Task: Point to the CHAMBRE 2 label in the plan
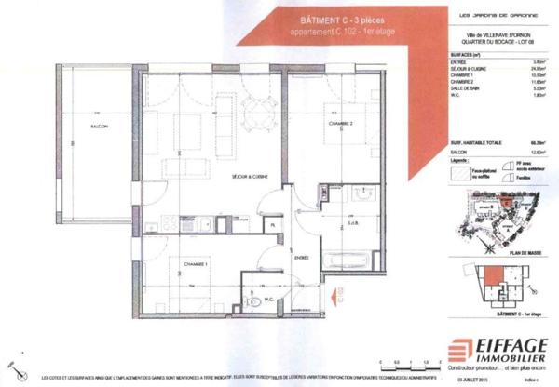[x=339, y=124]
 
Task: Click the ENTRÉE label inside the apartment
[x=301, y=257]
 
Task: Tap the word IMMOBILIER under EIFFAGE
[x=511, y=356]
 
